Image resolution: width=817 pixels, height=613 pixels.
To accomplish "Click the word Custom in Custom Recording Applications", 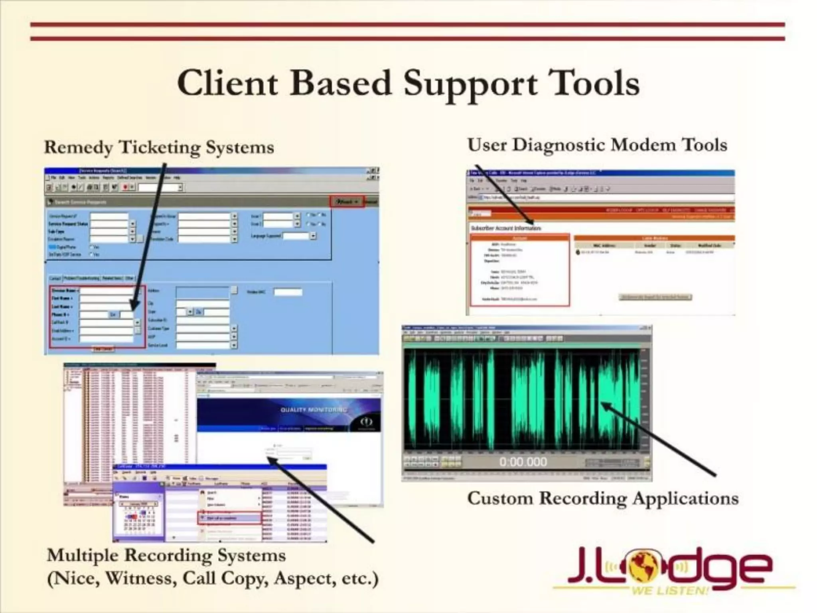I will click(x=500, y=498).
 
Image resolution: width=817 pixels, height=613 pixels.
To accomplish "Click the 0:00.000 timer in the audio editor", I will click(x=523, y=462).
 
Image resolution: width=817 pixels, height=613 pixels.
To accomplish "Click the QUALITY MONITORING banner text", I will click(x=314, y=410).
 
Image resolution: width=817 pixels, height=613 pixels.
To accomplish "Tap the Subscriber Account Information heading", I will click(x=506, y=228).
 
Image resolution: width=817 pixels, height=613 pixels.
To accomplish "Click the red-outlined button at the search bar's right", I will click(x=346, y=202).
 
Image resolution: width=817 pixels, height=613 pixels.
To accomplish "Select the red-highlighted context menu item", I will click(x=229, y=518).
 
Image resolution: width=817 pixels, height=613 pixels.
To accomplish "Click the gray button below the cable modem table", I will click(x=655, y=297).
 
